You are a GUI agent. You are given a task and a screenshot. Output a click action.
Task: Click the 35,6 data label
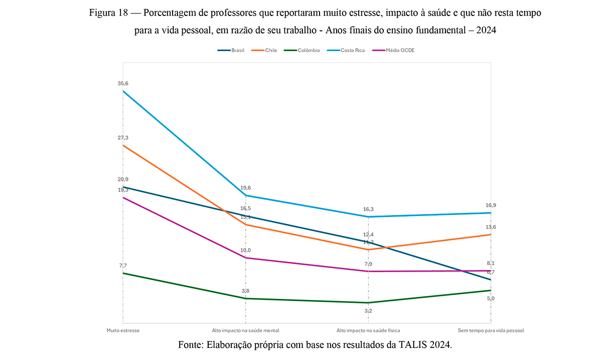click(x=123, y=84)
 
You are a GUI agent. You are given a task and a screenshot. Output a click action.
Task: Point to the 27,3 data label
click(x=123, y=137)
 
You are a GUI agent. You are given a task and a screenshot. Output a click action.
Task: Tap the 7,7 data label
click(x=123, y=265)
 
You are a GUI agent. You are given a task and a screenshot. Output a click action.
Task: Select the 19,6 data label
click(x=246, y=188)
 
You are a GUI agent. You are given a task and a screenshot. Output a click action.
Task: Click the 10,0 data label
click(x=246, y=250)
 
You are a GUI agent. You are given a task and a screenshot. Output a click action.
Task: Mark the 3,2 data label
click(x=368, y=311)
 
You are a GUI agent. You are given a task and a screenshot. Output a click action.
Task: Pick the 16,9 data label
click(x=491, y=205)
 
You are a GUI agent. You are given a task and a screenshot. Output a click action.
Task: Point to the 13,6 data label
click(x=491, y=227)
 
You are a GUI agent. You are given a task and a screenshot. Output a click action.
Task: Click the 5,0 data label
click(x=491, y=298)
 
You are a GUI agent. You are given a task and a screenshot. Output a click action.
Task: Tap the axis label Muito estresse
click(x=123, y=330)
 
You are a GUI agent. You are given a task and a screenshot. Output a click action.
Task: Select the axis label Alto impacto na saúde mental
click(x=246, y=330)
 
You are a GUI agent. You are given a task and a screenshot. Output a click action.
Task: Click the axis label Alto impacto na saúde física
click(x=368, y=330)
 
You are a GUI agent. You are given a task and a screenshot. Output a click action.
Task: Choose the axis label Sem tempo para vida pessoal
click(x=491, y=330)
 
